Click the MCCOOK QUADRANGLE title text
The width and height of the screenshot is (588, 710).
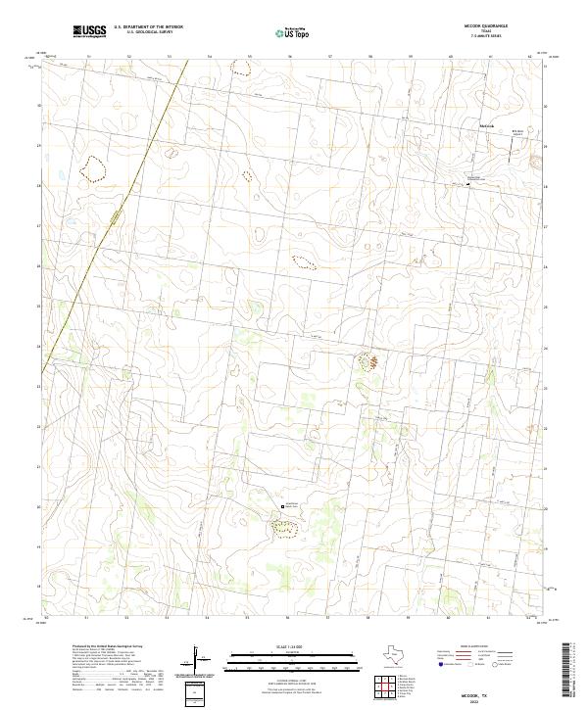click(x=486, y=26)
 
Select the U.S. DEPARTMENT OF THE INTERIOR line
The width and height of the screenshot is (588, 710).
click(x=148, y=26)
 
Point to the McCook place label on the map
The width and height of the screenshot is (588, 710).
click(x=488, y=124)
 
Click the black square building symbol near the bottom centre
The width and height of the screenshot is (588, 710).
click(x=284, y=505)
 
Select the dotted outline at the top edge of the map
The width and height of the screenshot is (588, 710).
click(x=239, y=68)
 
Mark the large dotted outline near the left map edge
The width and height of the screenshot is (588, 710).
click(x=93, y=169)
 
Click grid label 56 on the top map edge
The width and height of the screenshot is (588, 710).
click(x=290, y=57)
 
